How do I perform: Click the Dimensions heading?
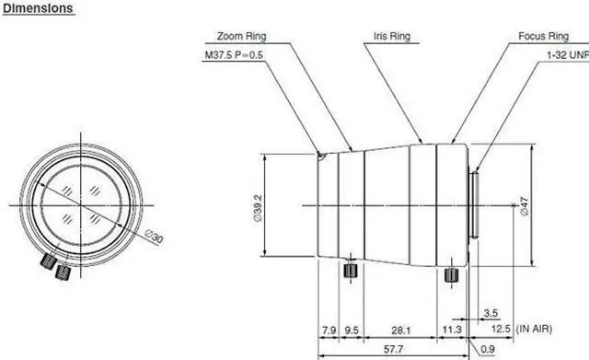pyautogui.click(x=38, y=8)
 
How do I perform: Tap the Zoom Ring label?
pyautogui.click(x=241, y=37)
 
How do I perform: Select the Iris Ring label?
pyautogui.click(x=392, y=36)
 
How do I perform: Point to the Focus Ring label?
pyautogui.click(x=544, y=37)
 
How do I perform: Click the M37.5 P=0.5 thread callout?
pyautogui.click(x=234, y=55)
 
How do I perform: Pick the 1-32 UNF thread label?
pyautogui.click(x=568, y=55)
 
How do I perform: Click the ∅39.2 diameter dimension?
pyautogui.click(x=258, y=208)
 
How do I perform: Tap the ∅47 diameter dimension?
pyautogui.click(x=524, y=206)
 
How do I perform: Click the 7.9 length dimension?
pyautogui.click(x=329, y=331)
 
